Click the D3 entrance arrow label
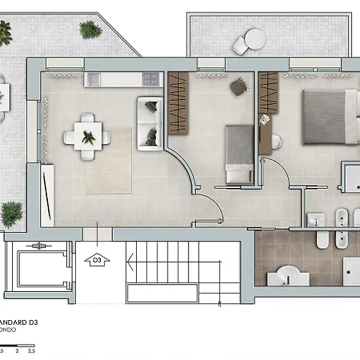pos(98,259)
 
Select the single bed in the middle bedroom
pos(238,154)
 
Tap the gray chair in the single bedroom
pos(239,86)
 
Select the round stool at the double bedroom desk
pos(278,142)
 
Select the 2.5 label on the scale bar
pos(30,350)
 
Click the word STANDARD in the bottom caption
pos(16,324)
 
